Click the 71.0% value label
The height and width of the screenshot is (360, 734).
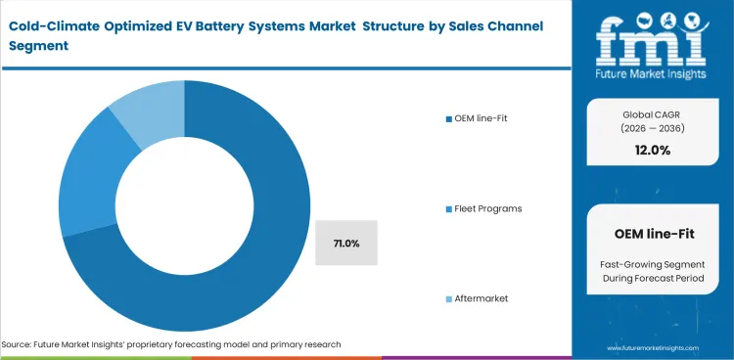(x=345, y=243)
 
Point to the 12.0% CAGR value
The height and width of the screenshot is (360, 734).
(x=653, y=150)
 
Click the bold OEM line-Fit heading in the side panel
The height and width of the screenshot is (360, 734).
(x=653, y=234)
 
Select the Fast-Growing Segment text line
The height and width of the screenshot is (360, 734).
(x=653, y=263)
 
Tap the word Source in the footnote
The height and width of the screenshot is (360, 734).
(x=20, y=344)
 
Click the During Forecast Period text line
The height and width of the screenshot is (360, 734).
(x=653, y=279)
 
